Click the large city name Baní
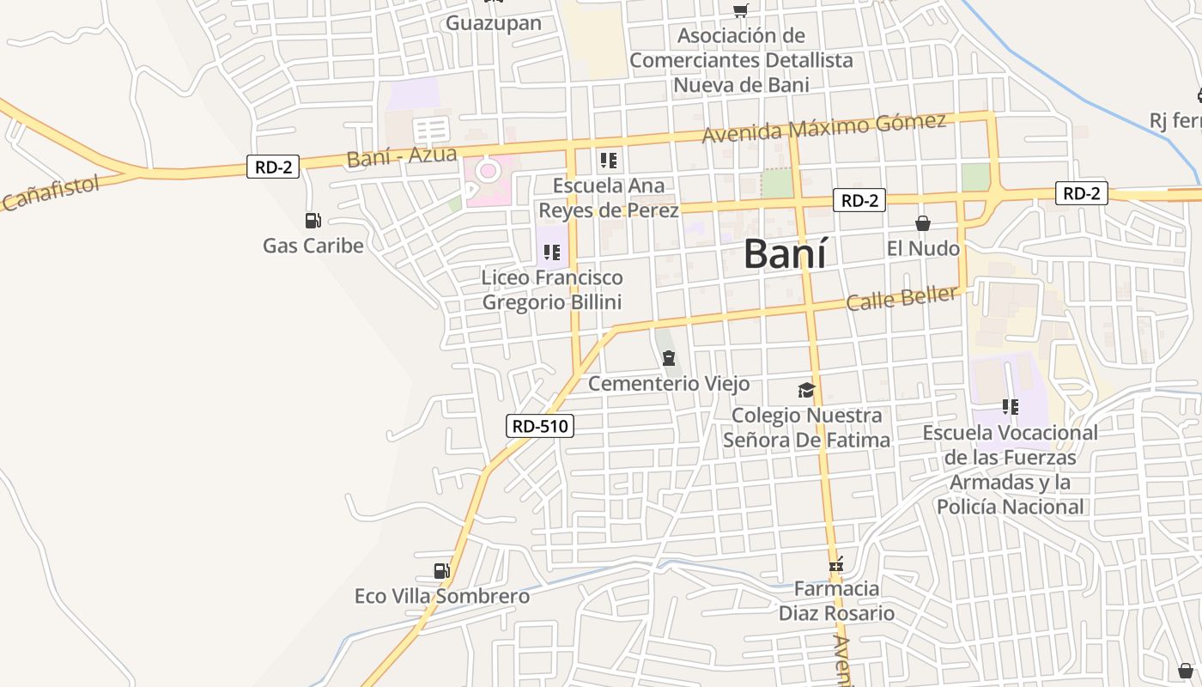785,254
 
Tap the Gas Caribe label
313,246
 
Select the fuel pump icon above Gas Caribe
313,221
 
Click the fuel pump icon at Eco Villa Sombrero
441,571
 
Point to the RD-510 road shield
539,425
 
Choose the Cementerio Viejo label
668,383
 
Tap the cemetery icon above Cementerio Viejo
668,358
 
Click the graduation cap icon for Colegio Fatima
806,391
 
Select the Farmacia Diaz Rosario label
836,601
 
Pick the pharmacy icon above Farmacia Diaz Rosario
836,565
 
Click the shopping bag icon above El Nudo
923,223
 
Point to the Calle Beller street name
901,299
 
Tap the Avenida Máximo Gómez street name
824,127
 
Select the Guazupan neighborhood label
494,23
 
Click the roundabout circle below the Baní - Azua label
489,170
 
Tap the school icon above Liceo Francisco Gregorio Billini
552,252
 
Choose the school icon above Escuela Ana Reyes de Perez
609,161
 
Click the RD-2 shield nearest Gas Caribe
273,167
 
